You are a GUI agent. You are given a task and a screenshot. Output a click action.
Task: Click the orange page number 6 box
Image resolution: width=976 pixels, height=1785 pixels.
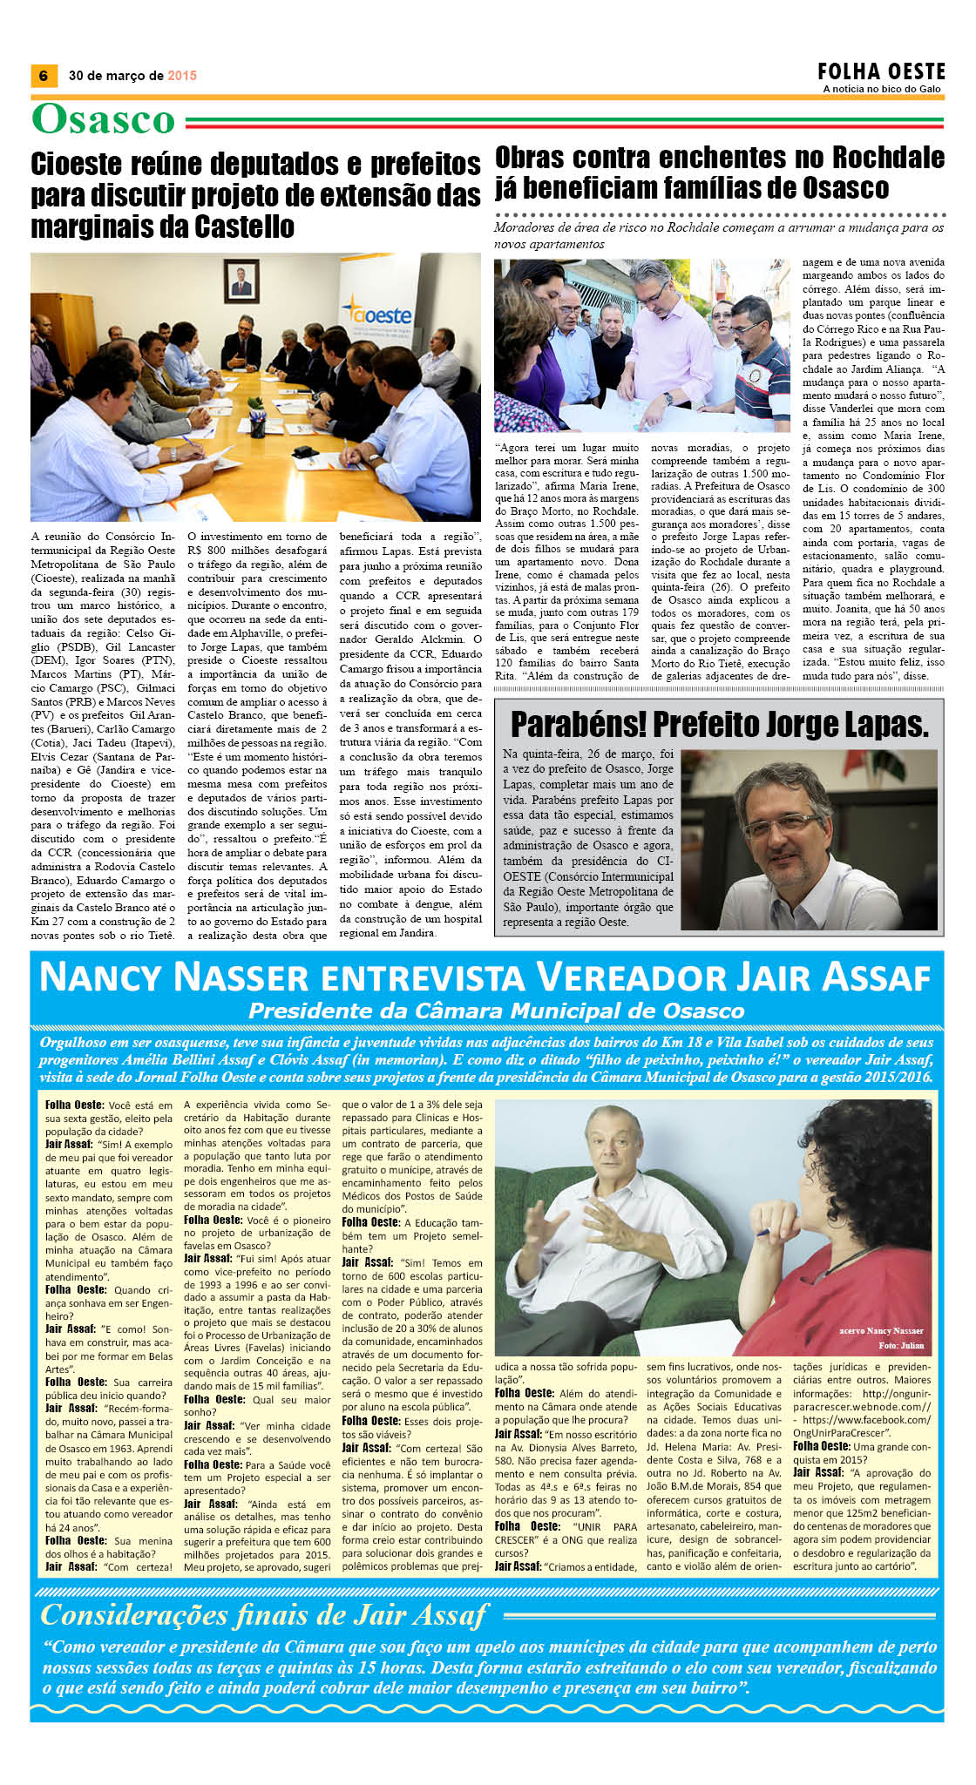click(x=44, y=76)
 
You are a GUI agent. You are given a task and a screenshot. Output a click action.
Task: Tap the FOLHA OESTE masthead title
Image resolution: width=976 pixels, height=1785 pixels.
click(x=881, y=71)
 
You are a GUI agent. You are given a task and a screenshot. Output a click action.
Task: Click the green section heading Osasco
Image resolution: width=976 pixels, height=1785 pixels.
click(x=104, y=120)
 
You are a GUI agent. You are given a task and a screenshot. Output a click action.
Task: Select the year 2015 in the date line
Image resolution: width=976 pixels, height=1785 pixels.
click(x=182, y=76)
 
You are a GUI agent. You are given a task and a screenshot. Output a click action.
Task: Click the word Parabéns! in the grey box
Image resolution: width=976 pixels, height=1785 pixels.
click(x=576, y=724)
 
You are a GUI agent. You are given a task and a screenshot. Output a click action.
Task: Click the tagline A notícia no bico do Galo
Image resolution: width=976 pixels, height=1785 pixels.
click(x=882, y=89)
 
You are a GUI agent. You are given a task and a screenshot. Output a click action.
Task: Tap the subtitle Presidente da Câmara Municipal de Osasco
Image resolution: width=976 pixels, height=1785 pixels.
click(x=496, y=1011)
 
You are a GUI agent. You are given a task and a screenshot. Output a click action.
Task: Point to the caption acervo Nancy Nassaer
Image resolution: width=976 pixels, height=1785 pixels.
click(x=881, y=1330)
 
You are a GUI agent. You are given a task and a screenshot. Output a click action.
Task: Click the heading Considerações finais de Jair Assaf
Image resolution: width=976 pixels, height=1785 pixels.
click(x=263, y=1615)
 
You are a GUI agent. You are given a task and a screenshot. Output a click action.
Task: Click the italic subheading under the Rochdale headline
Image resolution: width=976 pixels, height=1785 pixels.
click(x=718, y=235)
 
